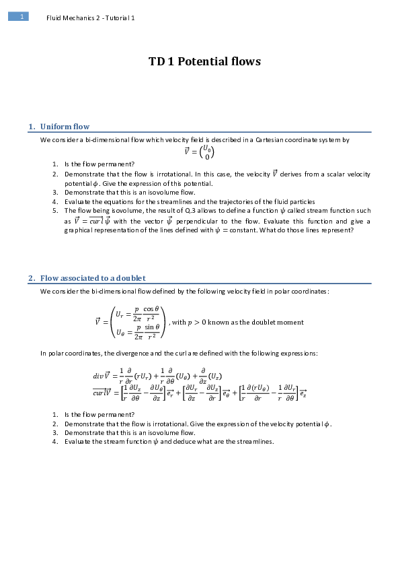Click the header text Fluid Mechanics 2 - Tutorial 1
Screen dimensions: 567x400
pyautogui.click(x=90, y=18)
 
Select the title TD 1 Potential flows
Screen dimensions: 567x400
pyautogui.click(x=204, y=62)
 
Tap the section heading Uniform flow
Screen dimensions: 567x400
pyautogui.click(x=65, y=127)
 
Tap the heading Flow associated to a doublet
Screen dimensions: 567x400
pyautogui.click(x=93, y=278)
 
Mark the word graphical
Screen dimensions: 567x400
pyautogui.click(x=79, y=230)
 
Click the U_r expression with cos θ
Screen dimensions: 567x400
pyautogui.click(x=137, y=314)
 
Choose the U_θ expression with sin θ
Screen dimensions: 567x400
pyautogui.click(x=137, y=331)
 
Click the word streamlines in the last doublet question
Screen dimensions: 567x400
pyautogui.click(x=255, y=442)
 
